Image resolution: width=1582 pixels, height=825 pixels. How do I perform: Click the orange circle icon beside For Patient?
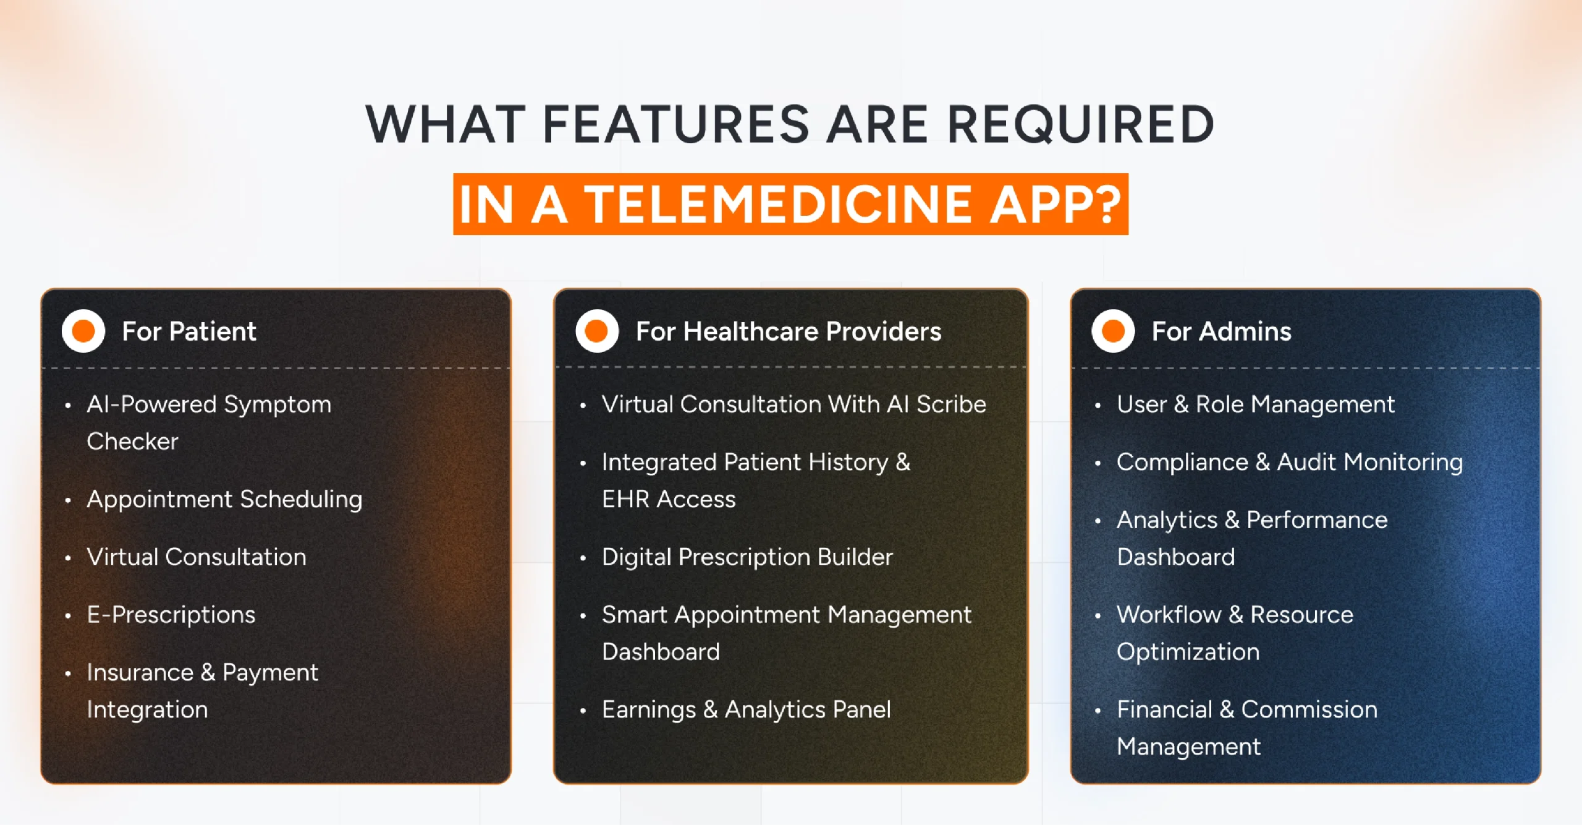point(83,331)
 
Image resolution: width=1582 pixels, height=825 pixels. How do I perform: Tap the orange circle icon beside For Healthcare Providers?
point(597,331)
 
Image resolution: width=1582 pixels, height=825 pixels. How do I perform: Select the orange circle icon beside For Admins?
point(1113,331)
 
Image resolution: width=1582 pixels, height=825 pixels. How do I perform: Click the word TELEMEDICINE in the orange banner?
point(779,204)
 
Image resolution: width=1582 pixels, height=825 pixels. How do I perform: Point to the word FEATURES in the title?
point(675,124)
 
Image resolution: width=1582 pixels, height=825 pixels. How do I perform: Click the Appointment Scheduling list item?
point(224,499)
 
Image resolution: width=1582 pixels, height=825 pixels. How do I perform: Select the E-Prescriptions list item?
point(171,615)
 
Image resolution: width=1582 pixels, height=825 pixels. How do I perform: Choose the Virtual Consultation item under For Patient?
point(197,557)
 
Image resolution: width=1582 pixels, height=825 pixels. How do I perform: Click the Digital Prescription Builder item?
point(747,557)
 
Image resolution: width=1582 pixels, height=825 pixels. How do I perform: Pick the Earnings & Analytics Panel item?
point(746,709)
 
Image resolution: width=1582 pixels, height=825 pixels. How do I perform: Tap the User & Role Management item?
point(1255,404)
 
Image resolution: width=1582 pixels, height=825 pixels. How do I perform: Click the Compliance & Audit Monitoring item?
point(1289,462)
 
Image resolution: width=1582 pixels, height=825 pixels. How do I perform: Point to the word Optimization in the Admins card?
point(1188,652)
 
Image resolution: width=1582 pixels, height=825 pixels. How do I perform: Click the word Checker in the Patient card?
point(132,442)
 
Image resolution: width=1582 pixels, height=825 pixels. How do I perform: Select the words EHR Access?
point(669,499)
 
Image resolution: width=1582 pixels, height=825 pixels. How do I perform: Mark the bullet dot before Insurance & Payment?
point(68,673)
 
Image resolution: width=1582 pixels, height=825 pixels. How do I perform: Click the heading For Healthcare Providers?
point(789,331)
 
